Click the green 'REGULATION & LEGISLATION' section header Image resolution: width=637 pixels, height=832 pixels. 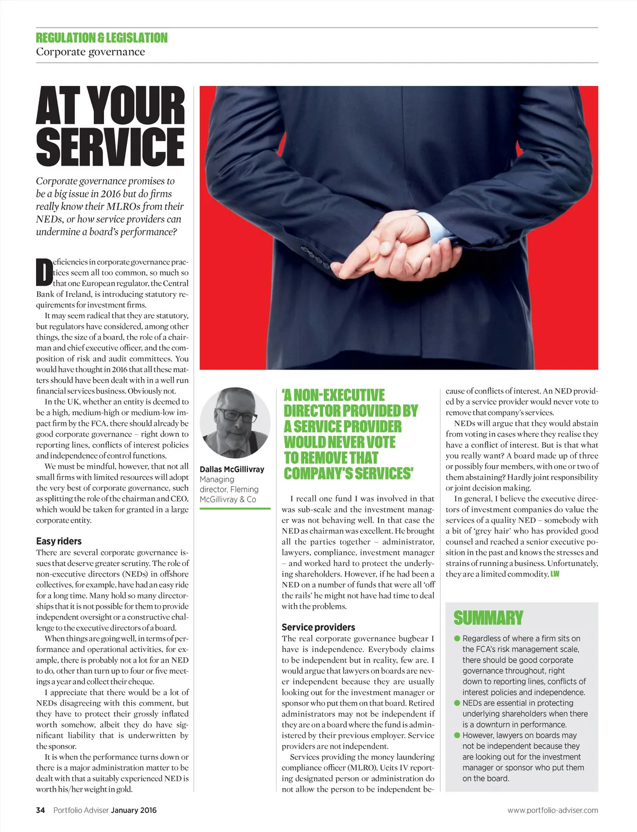101,38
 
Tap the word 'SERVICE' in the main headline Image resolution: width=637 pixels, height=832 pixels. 110,145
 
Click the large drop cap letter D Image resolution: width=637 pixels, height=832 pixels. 44,272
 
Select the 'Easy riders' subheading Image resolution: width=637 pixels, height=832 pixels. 59,541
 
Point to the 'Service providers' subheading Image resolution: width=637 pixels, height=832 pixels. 318,627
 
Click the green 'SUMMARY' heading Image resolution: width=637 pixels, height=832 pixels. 488,618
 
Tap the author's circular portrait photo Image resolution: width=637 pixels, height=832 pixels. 235,423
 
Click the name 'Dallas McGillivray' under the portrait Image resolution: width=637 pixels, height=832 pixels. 232,469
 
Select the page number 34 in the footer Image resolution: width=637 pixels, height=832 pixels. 40,810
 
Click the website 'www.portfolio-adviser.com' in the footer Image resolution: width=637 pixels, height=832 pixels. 553,810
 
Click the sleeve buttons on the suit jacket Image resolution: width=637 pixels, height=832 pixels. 314,256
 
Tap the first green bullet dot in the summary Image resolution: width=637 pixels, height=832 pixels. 457,638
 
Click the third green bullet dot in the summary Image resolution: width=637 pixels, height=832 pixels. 457,735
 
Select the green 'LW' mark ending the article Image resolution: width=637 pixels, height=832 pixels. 555,574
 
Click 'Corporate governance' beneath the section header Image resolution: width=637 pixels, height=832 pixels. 90,52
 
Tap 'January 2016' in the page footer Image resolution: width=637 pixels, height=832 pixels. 134,810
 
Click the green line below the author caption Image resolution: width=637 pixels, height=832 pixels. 235,509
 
